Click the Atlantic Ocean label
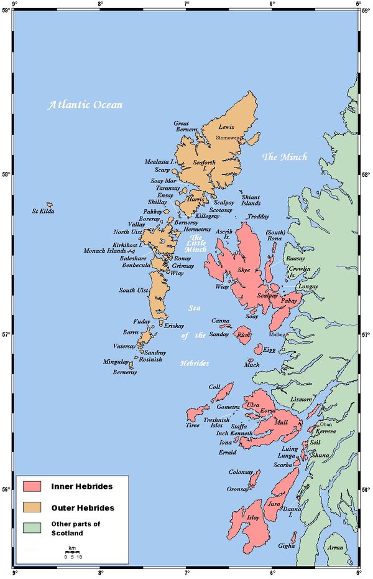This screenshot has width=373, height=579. click(85, 105)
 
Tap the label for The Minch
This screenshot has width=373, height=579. click(284, 157)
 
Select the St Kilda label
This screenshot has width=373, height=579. click(44, 212)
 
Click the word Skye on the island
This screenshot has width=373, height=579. click(244, 270)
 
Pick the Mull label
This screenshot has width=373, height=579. click(281, 421)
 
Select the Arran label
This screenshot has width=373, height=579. click(336, 547)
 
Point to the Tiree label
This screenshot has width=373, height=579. click(193, 425)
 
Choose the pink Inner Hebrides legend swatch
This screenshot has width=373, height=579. click(32, 486)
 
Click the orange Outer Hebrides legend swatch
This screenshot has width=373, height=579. click(32, 507)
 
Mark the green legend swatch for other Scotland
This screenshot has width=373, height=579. click(32, 529)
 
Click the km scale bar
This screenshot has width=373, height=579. click(73, 552)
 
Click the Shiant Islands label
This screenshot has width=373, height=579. click(251, 200)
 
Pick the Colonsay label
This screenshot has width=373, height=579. click(241, 473)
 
